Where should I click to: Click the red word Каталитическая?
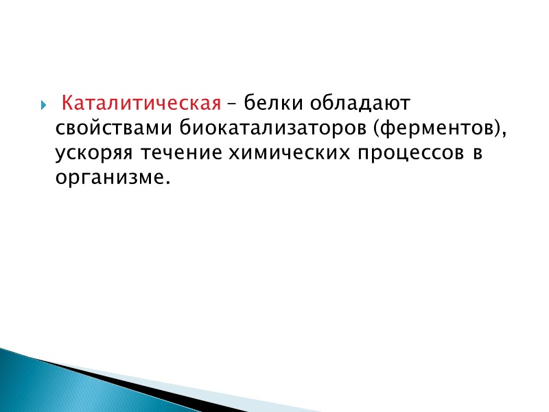pos(141,104)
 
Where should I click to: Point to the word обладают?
pos(361,104)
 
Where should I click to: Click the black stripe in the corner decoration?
pos(137,385)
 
